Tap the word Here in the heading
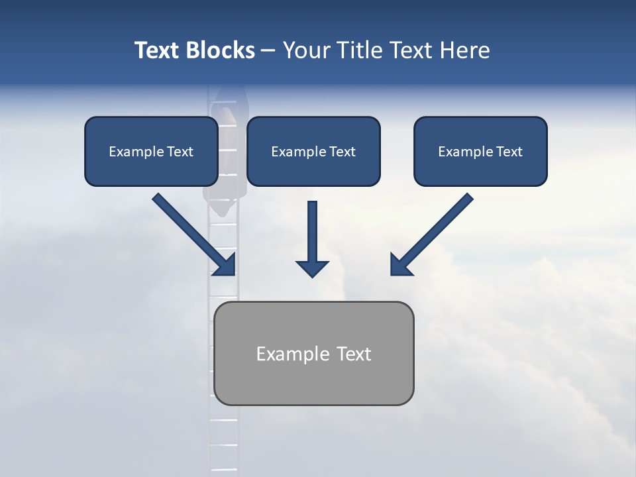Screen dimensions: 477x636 [464, 50]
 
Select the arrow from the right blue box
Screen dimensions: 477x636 [434, 232]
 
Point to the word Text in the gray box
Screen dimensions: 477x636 [354, 354]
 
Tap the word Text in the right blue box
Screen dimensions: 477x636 [509, 152]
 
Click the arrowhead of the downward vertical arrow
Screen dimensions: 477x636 [312, 268]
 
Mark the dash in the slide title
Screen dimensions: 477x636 [268, 50]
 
